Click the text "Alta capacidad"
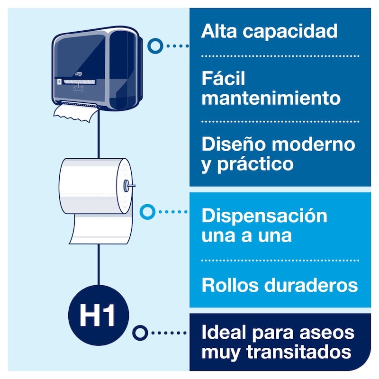(x=269, y=31)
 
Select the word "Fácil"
(x=223, y=79)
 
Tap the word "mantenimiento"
(x=271, y=99)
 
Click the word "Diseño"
(x=230, y=144)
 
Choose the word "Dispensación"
(x=264, y=216)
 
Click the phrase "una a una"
(x=246, y=235)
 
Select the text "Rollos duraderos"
(x=280, y=285)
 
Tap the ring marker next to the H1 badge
(x=139, y=333)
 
